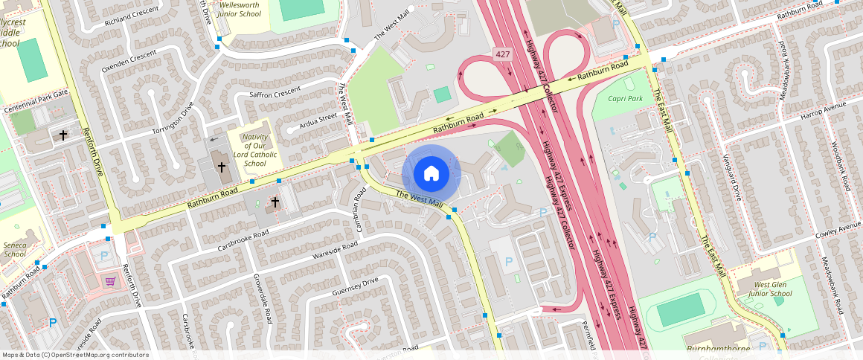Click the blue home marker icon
tap(431, 174)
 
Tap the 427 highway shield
tap(503, 54)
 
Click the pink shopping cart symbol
tap(110, 281)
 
